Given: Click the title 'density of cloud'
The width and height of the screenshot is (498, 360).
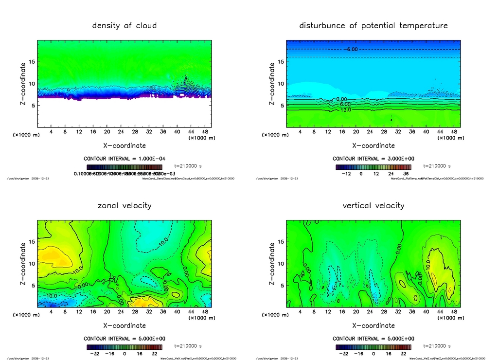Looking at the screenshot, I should click(124, 26).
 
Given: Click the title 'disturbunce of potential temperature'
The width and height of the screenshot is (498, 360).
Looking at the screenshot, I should click(373, 26).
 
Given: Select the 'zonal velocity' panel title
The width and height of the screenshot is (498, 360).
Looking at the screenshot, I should click(124, 206).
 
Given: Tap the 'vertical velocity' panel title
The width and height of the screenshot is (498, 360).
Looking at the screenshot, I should click(373, 206).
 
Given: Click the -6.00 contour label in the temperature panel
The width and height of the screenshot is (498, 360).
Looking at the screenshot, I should click(351, 50).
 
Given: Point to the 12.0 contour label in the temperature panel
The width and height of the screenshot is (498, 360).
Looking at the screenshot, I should click(345, 110).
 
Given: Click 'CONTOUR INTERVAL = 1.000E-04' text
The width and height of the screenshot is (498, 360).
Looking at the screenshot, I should click(124, 159).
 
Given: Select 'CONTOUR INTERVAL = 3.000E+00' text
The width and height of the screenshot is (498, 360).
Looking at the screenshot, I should click(373, 159).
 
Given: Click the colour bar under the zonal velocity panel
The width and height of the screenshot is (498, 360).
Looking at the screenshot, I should click(124, 347).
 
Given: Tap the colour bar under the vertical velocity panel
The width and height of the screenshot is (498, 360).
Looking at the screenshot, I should click(373, 347).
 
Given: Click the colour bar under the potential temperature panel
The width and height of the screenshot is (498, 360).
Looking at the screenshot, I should click(373, 167).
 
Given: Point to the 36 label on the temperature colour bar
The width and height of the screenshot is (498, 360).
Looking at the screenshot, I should click(405, 174).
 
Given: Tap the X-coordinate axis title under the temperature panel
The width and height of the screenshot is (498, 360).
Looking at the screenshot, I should click(373, 145).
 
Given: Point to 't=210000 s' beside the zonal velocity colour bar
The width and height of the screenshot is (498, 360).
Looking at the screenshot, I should click(188, 346).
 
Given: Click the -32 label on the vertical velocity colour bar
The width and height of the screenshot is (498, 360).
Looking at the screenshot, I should click(342, 354).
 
